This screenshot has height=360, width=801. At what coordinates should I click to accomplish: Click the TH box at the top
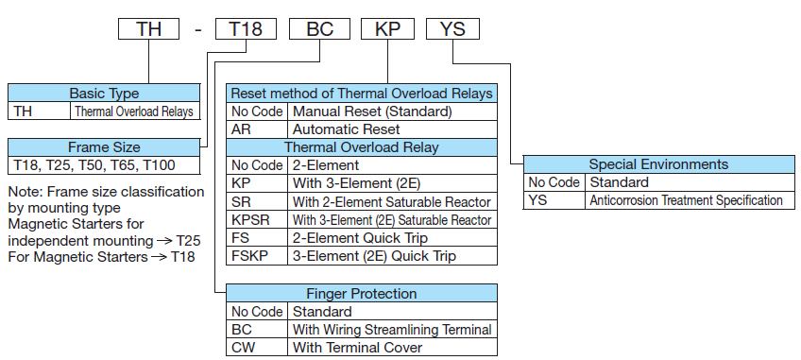tap(148, 28)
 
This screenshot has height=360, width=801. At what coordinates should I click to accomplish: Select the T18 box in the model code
tap(246, 28)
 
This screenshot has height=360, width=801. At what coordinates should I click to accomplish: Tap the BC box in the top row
tap(320, 28)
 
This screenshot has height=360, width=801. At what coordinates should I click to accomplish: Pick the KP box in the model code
tap(388, 28)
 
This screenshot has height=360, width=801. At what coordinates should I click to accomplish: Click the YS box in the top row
tap(453, 28)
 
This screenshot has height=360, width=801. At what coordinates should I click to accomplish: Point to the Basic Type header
tap(104, 94)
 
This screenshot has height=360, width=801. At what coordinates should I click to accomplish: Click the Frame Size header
tap(104, 147)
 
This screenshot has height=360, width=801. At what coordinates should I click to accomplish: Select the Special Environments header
tap(657, 164)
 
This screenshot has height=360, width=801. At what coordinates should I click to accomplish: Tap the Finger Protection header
tap(362, 293)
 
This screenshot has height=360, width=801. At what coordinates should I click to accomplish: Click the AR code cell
tap(241, 129)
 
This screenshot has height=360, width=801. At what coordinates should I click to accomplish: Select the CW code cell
tap(243, 347)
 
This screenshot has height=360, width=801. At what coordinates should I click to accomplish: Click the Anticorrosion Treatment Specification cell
tap(687, 200)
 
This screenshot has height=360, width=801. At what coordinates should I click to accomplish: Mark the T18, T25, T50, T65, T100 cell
tap(104, 165)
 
